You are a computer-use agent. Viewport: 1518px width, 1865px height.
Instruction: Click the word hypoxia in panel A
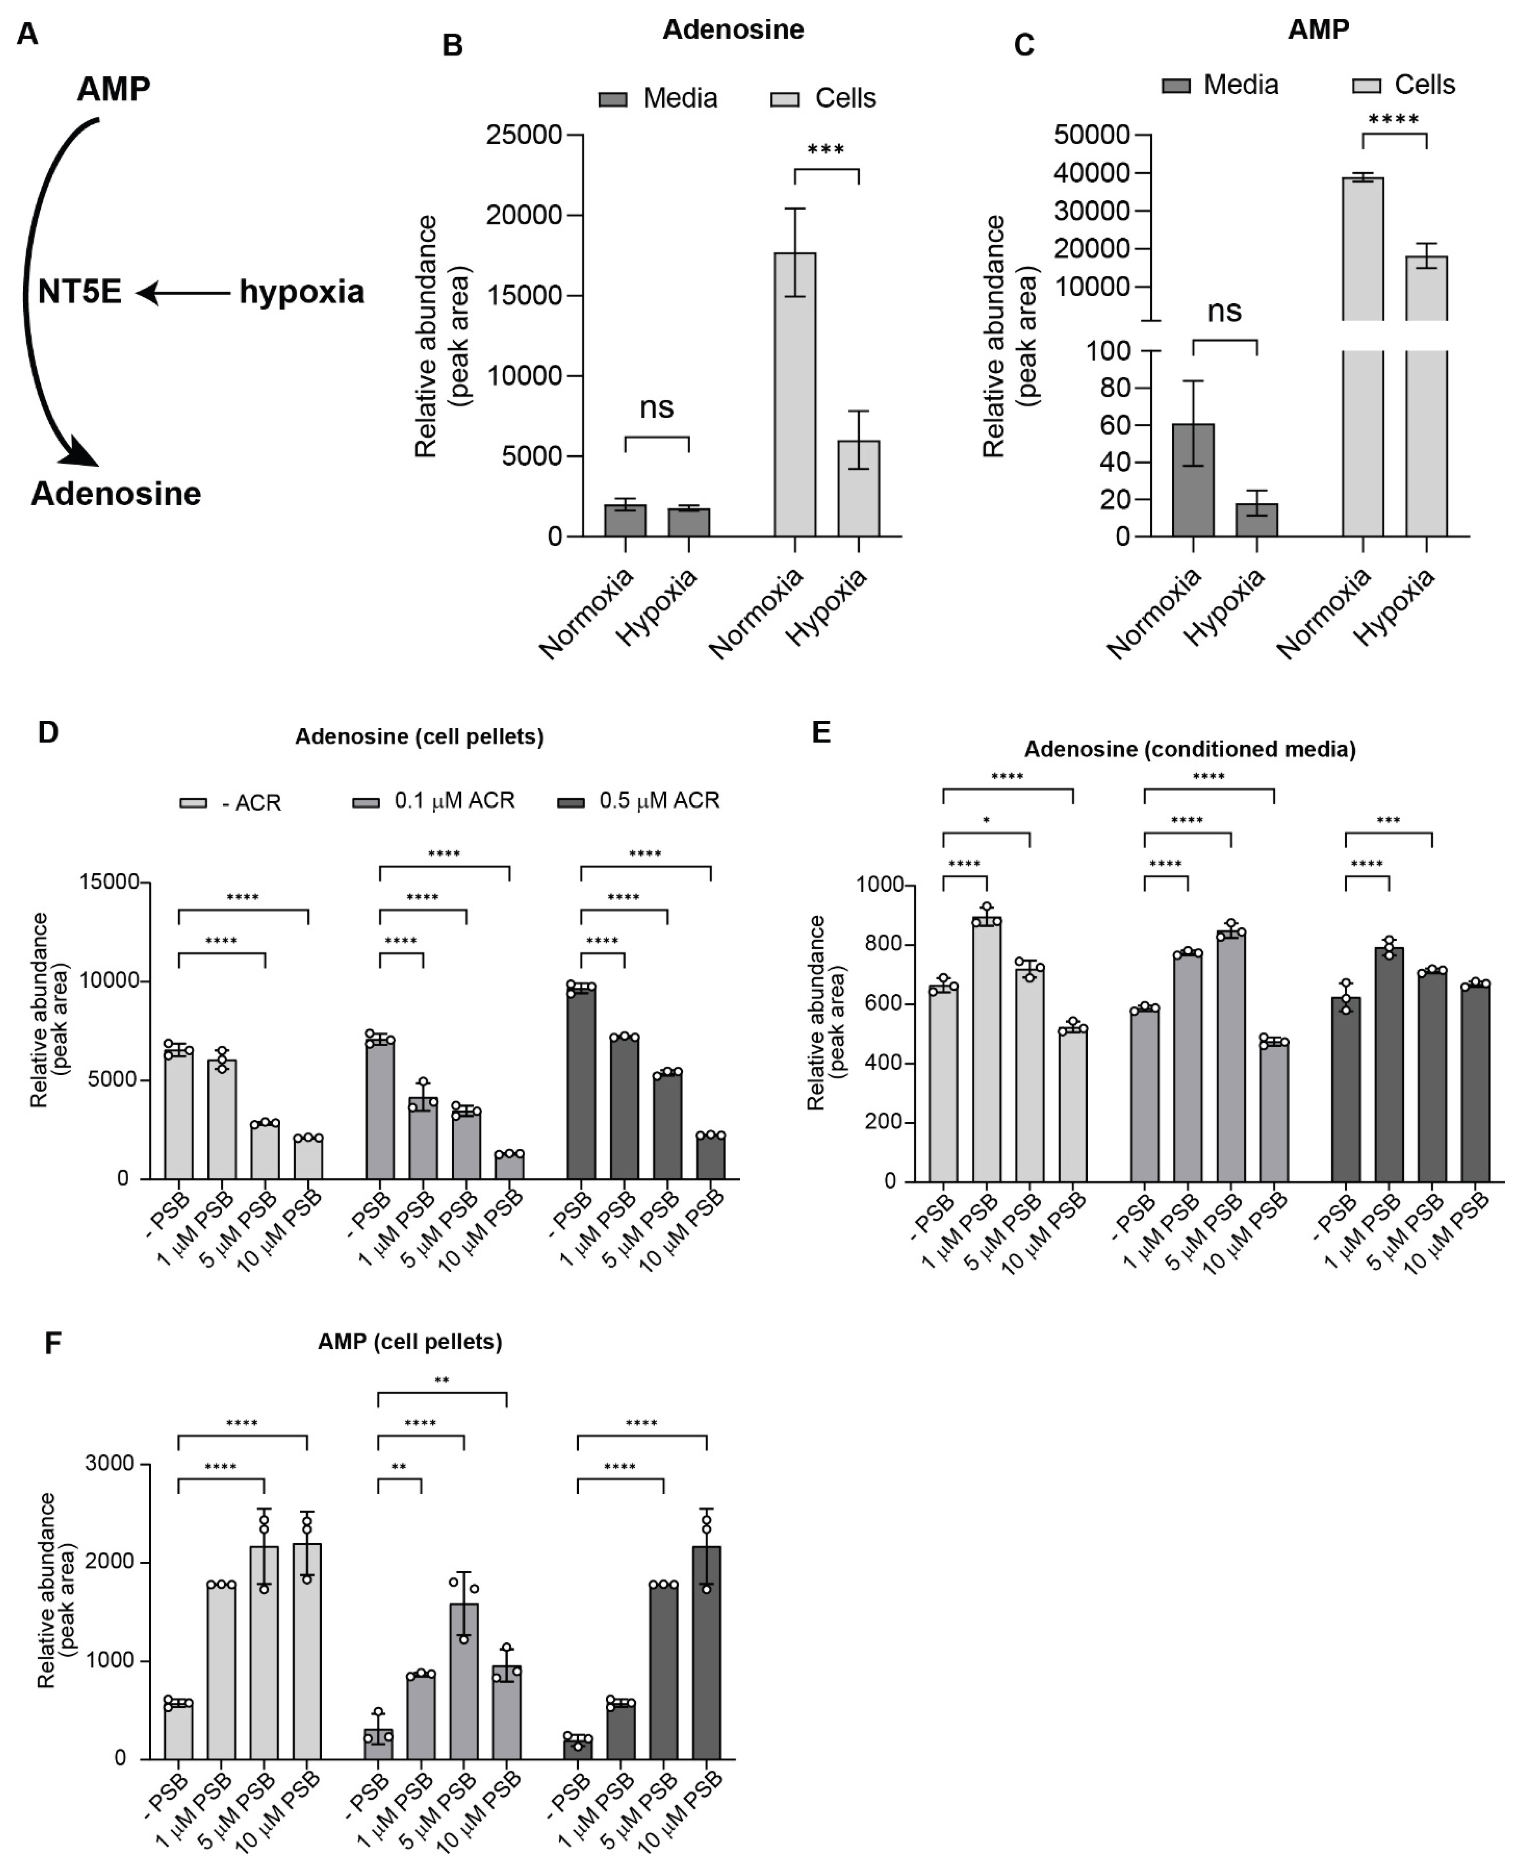302,292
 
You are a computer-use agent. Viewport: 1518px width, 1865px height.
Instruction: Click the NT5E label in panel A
79,292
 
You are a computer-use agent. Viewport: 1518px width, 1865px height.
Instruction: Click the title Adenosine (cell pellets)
419,736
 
